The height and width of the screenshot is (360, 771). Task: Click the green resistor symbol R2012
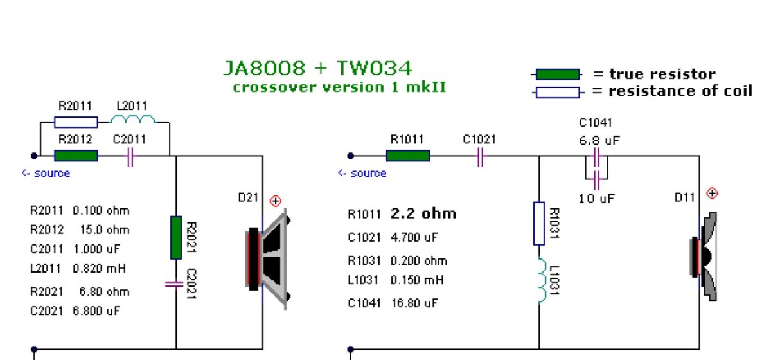click(76, 156)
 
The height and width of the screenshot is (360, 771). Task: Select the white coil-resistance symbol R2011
click(76, 122)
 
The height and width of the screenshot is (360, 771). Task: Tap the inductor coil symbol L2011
click(133, 120)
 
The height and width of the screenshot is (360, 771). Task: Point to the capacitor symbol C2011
click(130, 156)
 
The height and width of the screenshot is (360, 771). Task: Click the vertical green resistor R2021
click(176, 237)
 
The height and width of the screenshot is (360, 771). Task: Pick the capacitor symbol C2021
click(175, 283)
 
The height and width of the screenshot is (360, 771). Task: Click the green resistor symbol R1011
click(407, 155)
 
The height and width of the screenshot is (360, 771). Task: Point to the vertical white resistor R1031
click(539, 224)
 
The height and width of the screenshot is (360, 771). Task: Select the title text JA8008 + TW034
click(317, 67)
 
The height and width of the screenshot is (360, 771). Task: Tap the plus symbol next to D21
click(276, 201)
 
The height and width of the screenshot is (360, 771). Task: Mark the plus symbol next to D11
click(711, 193)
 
